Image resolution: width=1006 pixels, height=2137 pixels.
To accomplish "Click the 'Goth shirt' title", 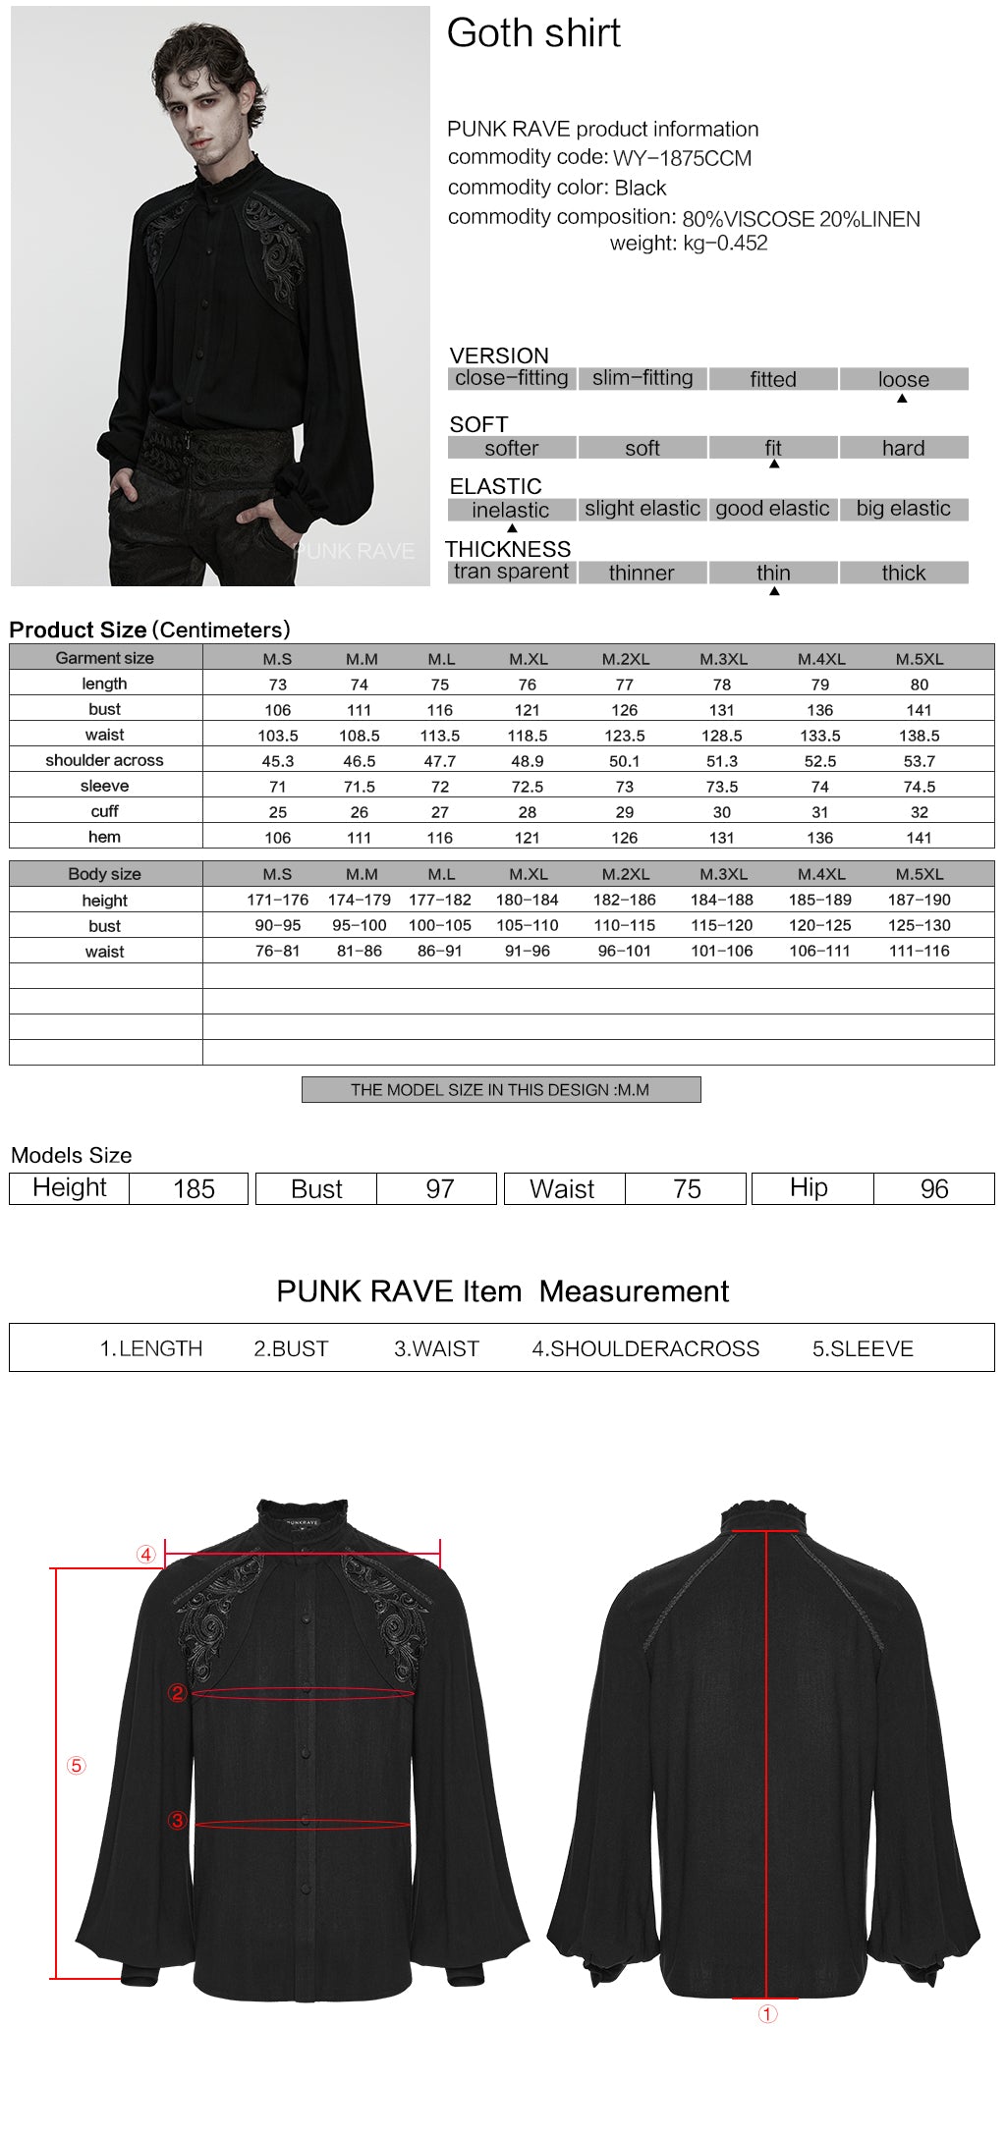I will [533, 33].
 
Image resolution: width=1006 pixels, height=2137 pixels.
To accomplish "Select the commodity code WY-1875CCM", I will [682, 158].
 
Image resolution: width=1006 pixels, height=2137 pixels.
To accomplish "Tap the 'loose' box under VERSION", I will [903, 379].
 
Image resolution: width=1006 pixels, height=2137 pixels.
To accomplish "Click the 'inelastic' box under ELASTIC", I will [511, 510].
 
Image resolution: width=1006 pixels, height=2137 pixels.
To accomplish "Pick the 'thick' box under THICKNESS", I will [903, 573].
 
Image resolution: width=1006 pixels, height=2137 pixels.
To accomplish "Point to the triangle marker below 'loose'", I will [902, 399].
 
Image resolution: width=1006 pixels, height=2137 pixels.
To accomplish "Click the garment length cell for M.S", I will [278, 685].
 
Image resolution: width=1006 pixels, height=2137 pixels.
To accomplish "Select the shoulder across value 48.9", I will [528, 761].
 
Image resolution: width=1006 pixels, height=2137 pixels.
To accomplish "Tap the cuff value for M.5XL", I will [919, 812].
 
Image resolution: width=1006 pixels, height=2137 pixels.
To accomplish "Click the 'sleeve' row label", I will [105, 786].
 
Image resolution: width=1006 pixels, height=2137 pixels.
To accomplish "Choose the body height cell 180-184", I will [528, 900].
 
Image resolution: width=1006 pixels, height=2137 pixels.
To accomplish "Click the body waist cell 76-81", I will [278, 951].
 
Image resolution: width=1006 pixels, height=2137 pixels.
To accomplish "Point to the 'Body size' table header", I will [105, 874].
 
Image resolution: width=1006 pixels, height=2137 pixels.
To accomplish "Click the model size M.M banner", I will [500, 1090].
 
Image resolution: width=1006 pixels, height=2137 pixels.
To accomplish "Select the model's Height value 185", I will [194, 1189].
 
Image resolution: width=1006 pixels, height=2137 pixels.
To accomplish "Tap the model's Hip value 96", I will [934, 1189].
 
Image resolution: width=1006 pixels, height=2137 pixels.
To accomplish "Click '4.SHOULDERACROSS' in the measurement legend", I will [645, 1349].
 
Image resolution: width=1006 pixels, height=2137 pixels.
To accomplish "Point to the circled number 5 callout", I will [76, 1766].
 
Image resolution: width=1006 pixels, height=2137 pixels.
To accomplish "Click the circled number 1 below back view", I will [767, 2014].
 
